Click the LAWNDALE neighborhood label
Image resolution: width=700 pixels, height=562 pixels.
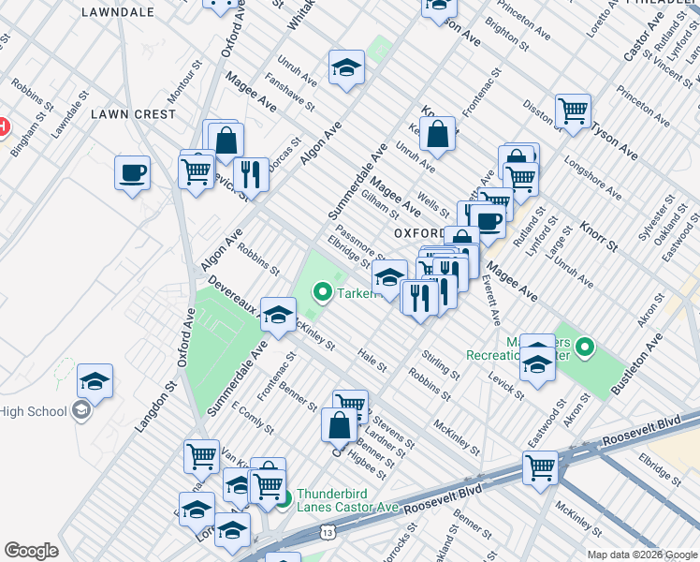(117, 12)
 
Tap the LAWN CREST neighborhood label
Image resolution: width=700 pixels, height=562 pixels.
(133, 114)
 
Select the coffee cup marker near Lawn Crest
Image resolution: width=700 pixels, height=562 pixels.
(132, 172)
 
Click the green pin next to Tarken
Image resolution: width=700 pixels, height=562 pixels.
(323, 293)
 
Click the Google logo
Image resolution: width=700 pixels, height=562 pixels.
(31, 551)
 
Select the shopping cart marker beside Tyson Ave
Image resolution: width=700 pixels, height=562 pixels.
(572, 111)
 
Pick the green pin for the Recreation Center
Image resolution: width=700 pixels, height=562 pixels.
(585, 348)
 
